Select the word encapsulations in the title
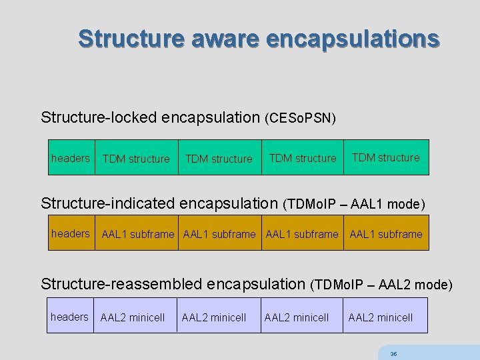353,38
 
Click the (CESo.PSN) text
301,119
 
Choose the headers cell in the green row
70,158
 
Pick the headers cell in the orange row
70,233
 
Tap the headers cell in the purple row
69,317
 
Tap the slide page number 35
393,354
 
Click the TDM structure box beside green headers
136,159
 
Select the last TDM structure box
385,157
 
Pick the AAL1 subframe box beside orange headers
137,234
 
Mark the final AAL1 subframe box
385,234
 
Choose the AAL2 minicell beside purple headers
133,317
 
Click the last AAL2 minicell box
380,317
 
